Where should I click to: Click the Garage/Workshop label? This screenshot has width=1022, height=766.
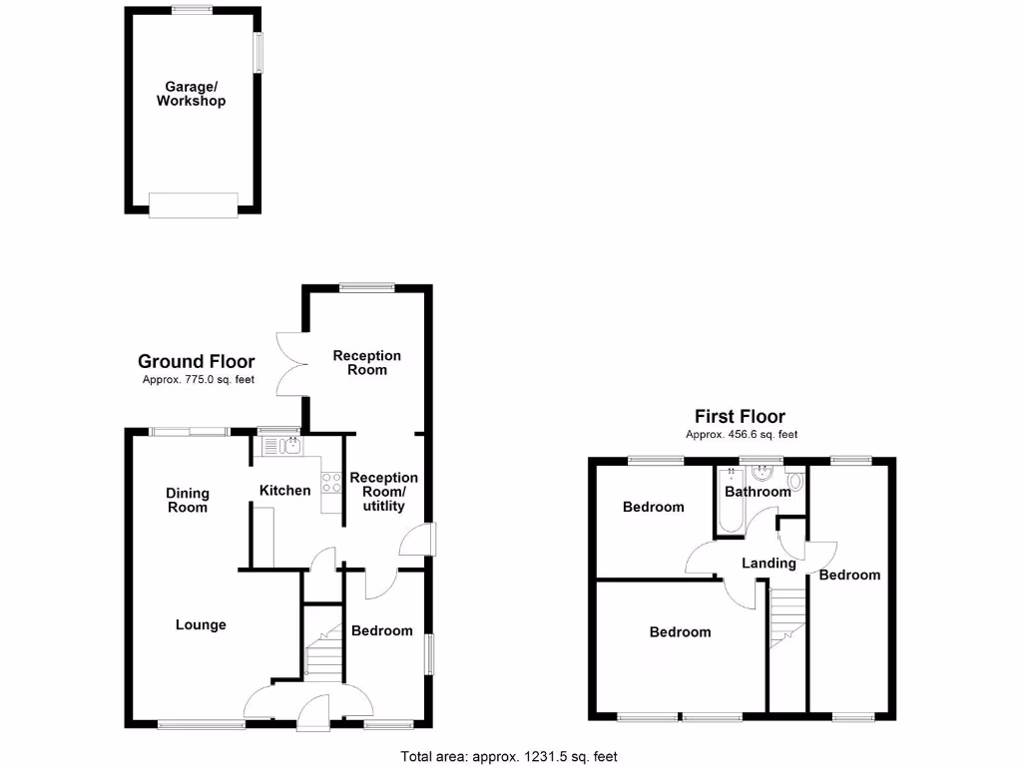[x=191, y=94]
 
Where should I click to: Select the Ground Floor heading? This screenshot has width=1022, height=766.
[x=196, y=362]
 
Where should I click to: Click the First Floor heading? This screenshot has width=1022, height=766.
[x=740, y=417]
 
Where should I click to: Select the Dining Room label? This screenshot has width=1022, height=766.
[x=188, y=500]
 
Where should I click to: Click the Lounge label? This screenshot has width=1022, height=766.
[x=201, y=625]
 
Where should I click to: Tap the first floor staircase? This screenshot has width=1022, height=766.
[x=787, y=618]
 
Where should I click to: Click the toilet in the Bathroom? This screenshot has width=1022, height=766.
[x=793, y=487]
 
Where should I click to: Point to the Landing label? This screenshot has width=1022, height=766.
[x=768, y=564]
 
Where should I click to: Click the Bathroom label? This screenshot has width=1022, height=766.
[x=757, y=492]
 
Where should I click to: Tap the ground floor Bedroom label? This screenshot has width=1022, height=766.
[x=381, y=630]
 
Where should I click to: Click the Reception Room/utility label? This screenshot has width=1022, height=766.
[x=383, y=492]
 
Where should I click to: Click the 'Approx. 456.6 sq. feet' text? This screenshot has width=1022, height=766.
[x=741, y=435]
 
